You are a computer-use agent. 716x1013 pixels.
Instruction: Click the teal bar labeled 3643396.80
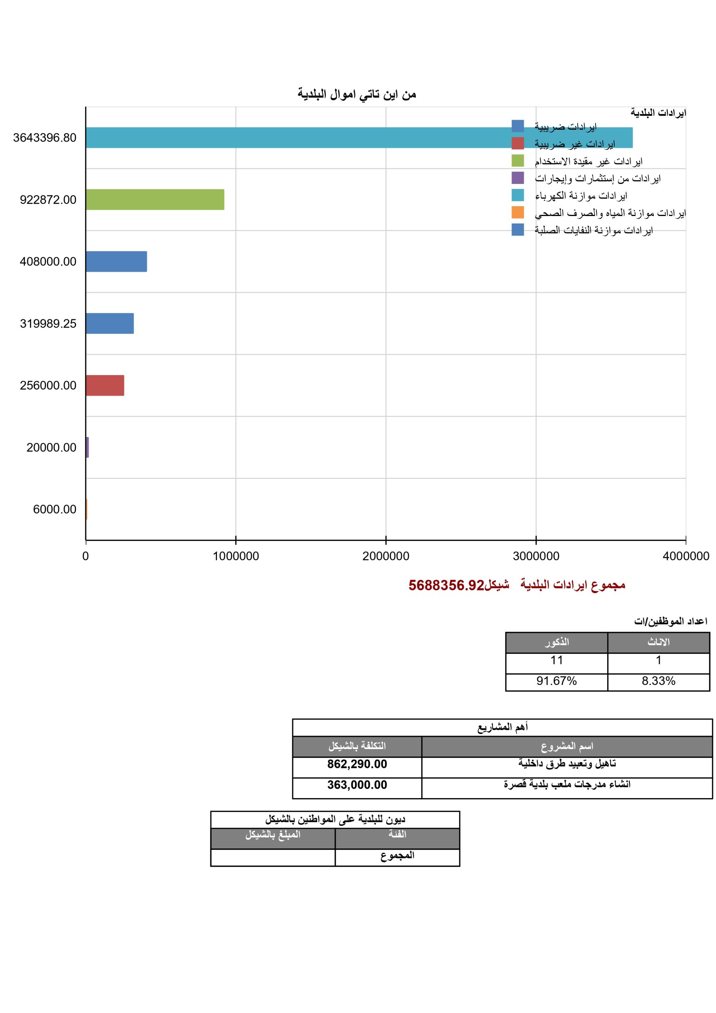click(309, 138)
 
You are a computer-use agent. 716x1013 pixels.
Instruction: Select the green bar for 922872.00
click(155, 199)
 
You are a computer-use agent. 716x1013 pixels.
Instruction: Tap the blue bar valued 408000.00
click(116, 262)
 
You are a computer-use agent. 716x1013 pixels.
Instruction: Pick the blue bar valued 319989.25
click(110, 323)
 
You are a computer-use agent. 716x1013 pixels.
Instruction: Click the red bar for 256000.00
click(105, 385)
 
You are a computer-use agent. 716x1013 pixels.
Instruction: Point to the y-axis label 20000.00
click(51, 448)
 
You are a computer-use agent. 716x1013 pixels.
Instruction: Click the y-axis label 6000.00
click(55, 509)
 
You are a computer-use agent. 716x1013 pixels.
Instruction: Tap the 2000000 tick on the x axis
click(386, 556)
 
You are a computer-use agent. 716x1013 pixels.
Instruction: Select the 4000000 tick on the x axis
click(686, 556)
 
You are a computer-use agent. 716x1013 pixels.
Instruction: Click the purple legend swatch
click(518, 178)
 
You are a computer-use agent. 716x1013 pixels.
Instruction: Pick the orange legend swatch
click(518, 212)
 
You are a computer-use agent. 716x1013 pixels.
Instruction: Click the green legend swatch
click(518, 161)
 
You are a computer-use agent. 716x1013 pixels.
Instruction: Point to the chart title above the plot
click(357, 94)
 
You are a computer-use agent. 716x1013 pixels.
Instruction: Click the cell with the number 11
click(556, 660)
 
